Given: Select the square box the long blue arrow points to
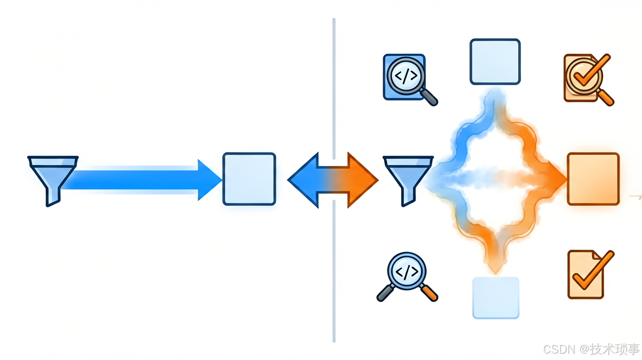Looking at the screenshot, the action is (250, 179).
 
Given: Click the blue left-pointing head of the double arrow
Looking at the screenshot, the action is (304, 180).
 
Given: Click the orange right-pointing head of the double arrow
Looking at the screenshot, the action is (362, 180).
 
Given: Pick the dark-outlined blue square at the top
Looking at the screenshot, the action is (495, 62).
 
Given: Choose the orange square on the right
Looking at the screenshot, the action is (593, 179).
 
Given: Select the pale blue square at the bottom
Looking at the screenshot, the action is (496, 298).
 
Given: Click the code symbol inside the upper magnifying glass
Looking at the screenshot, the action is (406, 76).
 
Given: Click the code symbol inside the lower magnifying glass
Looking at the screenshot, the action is (407, 272).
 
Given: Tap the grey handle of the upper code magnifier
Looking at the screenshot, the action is (429, 97).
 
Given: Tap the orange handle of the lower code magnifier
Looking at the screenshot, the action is (429, 292).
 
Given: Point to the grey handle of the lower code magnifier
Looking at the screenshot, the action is (386, 292).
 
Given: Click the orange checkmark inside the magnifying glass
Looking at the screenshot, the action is (591, 70).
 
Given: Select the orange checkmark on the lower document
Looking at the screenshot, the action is (593, 270).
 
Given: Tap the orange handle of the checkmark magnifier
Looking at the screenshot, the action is (606, 98).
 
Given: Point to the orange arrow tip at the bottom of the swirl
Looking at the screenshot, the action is (495, 269).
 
